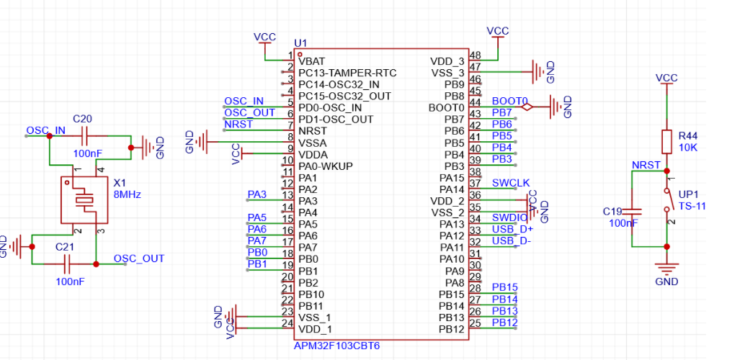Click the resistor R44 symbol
tap(666, 142)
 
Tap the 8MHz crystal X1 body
tap(84, 200)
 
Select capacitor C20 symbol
tap(85, 135)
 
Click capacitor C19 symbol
tap(632, 212)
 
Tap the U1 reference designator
tap(300, 43)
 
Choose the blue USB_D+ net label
tap(512, 229)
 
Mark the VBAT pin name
tap(312, 61)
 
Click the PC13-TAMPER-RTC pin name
tap(347, 73)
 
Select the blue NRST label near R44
tap(646, 165)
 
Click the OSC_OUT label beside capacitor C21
tap(139, 258)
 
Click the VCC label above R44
tap(666, 78)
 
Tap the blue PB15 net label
tap(504, 287)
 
